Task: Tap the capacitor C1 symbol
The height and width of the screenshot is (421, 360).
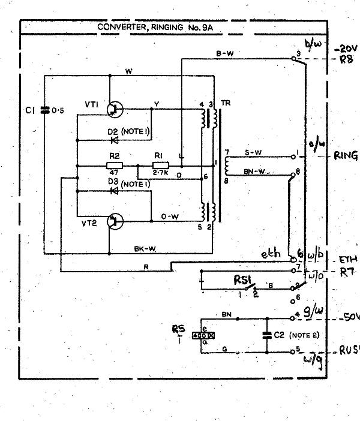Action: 43,110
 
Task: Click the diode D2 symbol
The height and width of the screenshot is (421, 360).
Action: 113,140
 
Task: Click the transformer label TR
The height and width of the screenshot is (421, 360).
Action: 225,103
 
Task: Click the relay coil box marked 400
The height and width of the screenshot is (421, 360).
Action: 202,335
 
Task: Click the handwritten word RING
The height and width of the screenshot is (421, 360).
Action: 347,155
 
